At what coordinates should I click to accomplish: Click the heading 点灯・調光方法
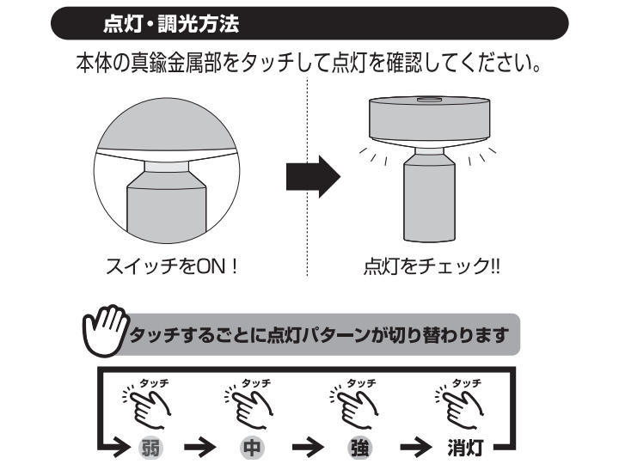(171, 24)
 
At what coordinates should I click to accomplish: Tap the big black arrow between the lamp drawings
(313, 176)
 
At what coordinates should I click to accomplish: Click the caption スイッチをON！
(172, 266)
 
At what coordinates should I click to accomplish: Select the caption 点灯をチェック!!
(432, 266)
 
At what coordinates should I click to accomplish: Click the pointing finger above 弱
(148, 408)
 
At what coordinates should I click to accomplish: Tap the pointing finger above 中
(249, 408)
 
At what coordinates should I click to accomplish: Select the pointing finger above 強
(354, 408)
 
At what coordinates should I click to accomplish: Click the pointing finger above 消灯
(460, 408)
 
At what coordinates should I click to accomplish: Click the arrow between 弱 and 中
(200, 448)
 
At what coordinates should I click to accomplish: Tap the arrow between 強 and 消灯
(416, 448)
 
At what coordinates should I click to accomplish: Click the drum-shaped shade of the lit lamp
(430, 119)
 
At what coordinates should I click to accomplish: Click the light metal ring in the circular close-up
(167, 167)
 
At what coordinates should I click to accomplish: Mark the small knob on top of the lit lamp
(429, 99)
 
